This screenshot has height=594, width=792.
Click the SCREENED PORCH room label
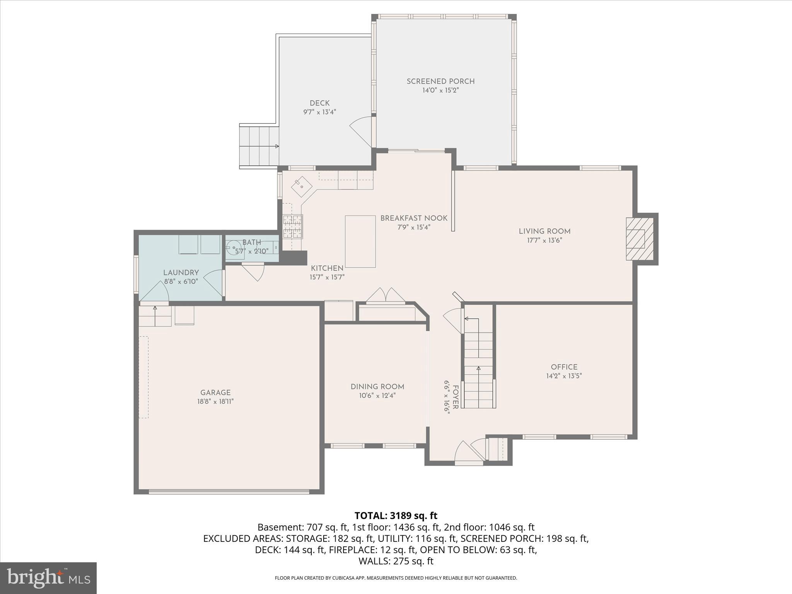440,81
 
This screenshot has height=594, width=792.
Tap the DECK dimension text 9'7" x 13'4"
319,112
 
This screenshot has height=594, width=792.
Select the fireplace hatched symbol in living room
640,239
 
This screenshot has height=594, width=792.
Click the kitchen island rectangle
360,241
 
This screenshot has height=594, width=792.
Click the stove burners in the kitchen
292,226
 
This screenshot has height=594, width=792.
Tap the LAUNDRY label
181,272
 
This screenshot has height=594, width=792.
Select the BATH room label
252,242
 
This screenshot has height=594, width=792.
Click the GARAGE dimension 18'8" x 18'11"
215,401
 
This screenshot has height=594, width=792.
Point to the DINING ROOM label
377,387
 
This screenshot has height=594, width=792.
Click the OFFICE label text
564,367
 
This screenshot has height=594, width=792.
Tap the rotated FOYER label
456,397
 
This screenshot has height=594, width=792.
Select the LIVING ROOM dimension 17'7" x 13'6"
544,240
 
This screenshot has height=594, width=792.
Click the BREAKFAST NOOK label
414,218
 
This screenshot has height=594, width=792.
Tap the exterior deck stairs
259,146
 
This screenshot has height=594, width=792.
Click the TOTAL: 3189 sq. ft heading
396,515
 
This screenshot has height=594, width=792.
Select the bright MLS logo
48,578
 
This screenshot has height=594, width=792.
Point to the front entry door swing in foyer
468,452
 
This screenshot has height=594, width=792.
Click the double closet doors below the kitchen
386,295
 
